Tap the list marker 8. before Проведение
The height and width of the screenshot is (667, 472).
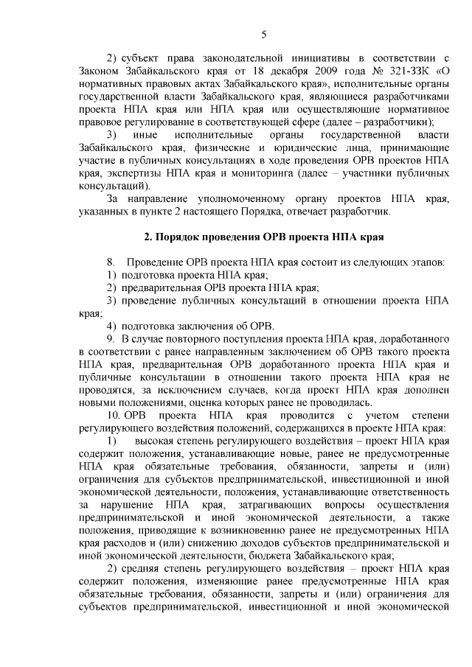[111, 262]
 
